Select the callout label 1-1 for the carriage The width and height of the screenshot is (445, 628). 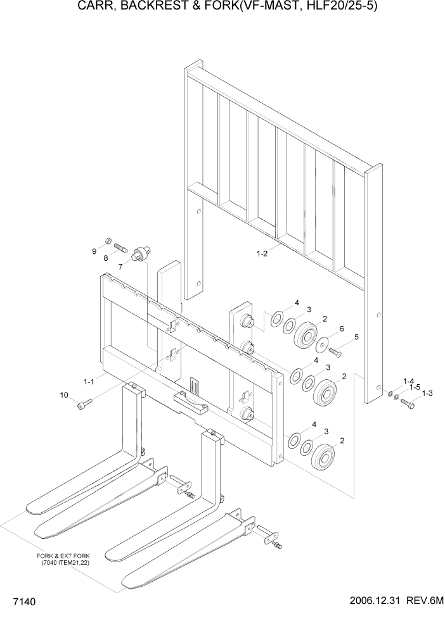[x=88, y=381]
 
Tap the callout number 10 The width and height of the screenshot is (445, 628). [x=64, y=396]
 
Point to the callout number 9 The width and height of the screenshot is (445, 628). [x=94, y=251]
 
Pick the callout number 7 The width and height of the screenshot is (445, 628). [x=120, y=267]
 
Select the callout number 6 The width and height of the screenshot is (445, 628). [x=342, y=329]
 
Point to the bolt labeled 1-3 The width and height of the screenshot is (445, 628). [x=407, y=401]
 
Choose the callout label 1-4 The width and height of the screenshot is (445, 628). [x=409, y=380]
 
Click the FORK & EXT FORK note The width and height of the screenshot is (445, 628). [x=64, y=558]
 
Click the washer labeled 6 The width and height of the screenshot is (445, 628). [x=325, y=343]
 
